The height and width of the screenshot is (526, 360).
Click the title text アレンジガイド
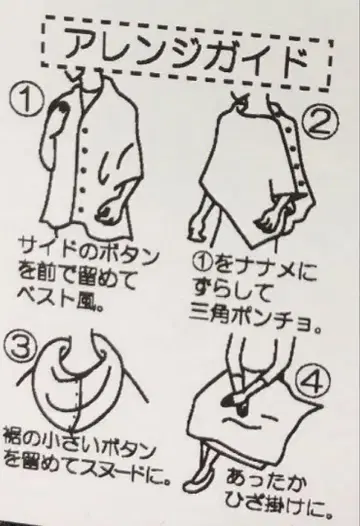[x=187, y=53]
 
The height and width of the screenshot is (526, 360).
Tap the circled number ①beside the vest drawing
[x=26, y=99]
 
